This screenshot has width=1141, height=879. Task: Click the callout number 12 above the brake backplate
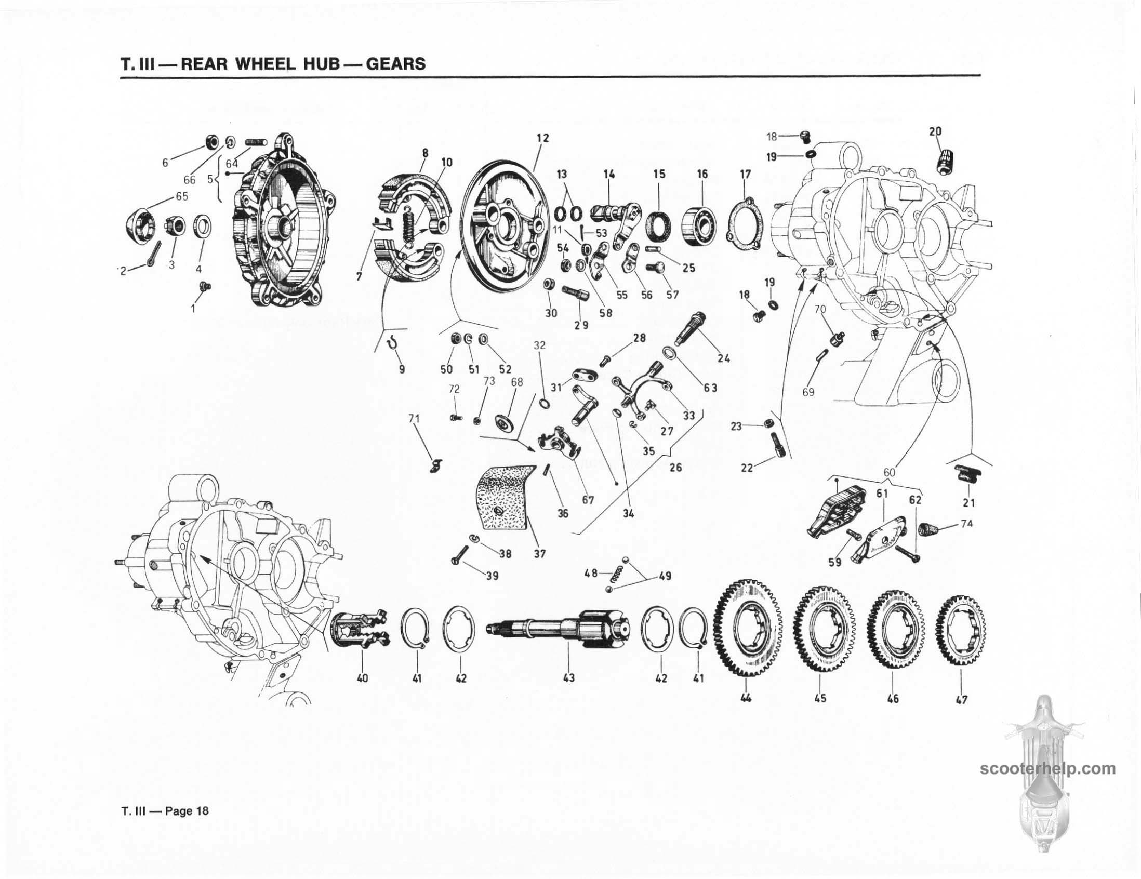pyautogui.click(x=543, y=138)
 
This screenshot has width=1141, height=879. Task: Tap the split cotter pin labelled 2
pyautogui.click(x=151, y=259)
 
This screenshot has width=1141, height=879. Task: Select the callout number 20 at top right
pyautogui.click(x=935, y=131)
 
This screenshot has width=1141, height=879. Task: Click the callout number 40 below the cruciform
pyautogui.click(x=362, y=678)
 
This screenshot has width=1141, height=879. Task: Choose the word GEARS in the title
pyautogui.click(x=395, y=64)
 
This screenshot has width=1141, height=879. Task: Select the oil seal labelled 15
pyautogui.click(x=659, y=228)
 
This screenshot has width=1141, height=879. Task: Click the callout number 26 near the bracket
pyautogui.click(x=675, y=468)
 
